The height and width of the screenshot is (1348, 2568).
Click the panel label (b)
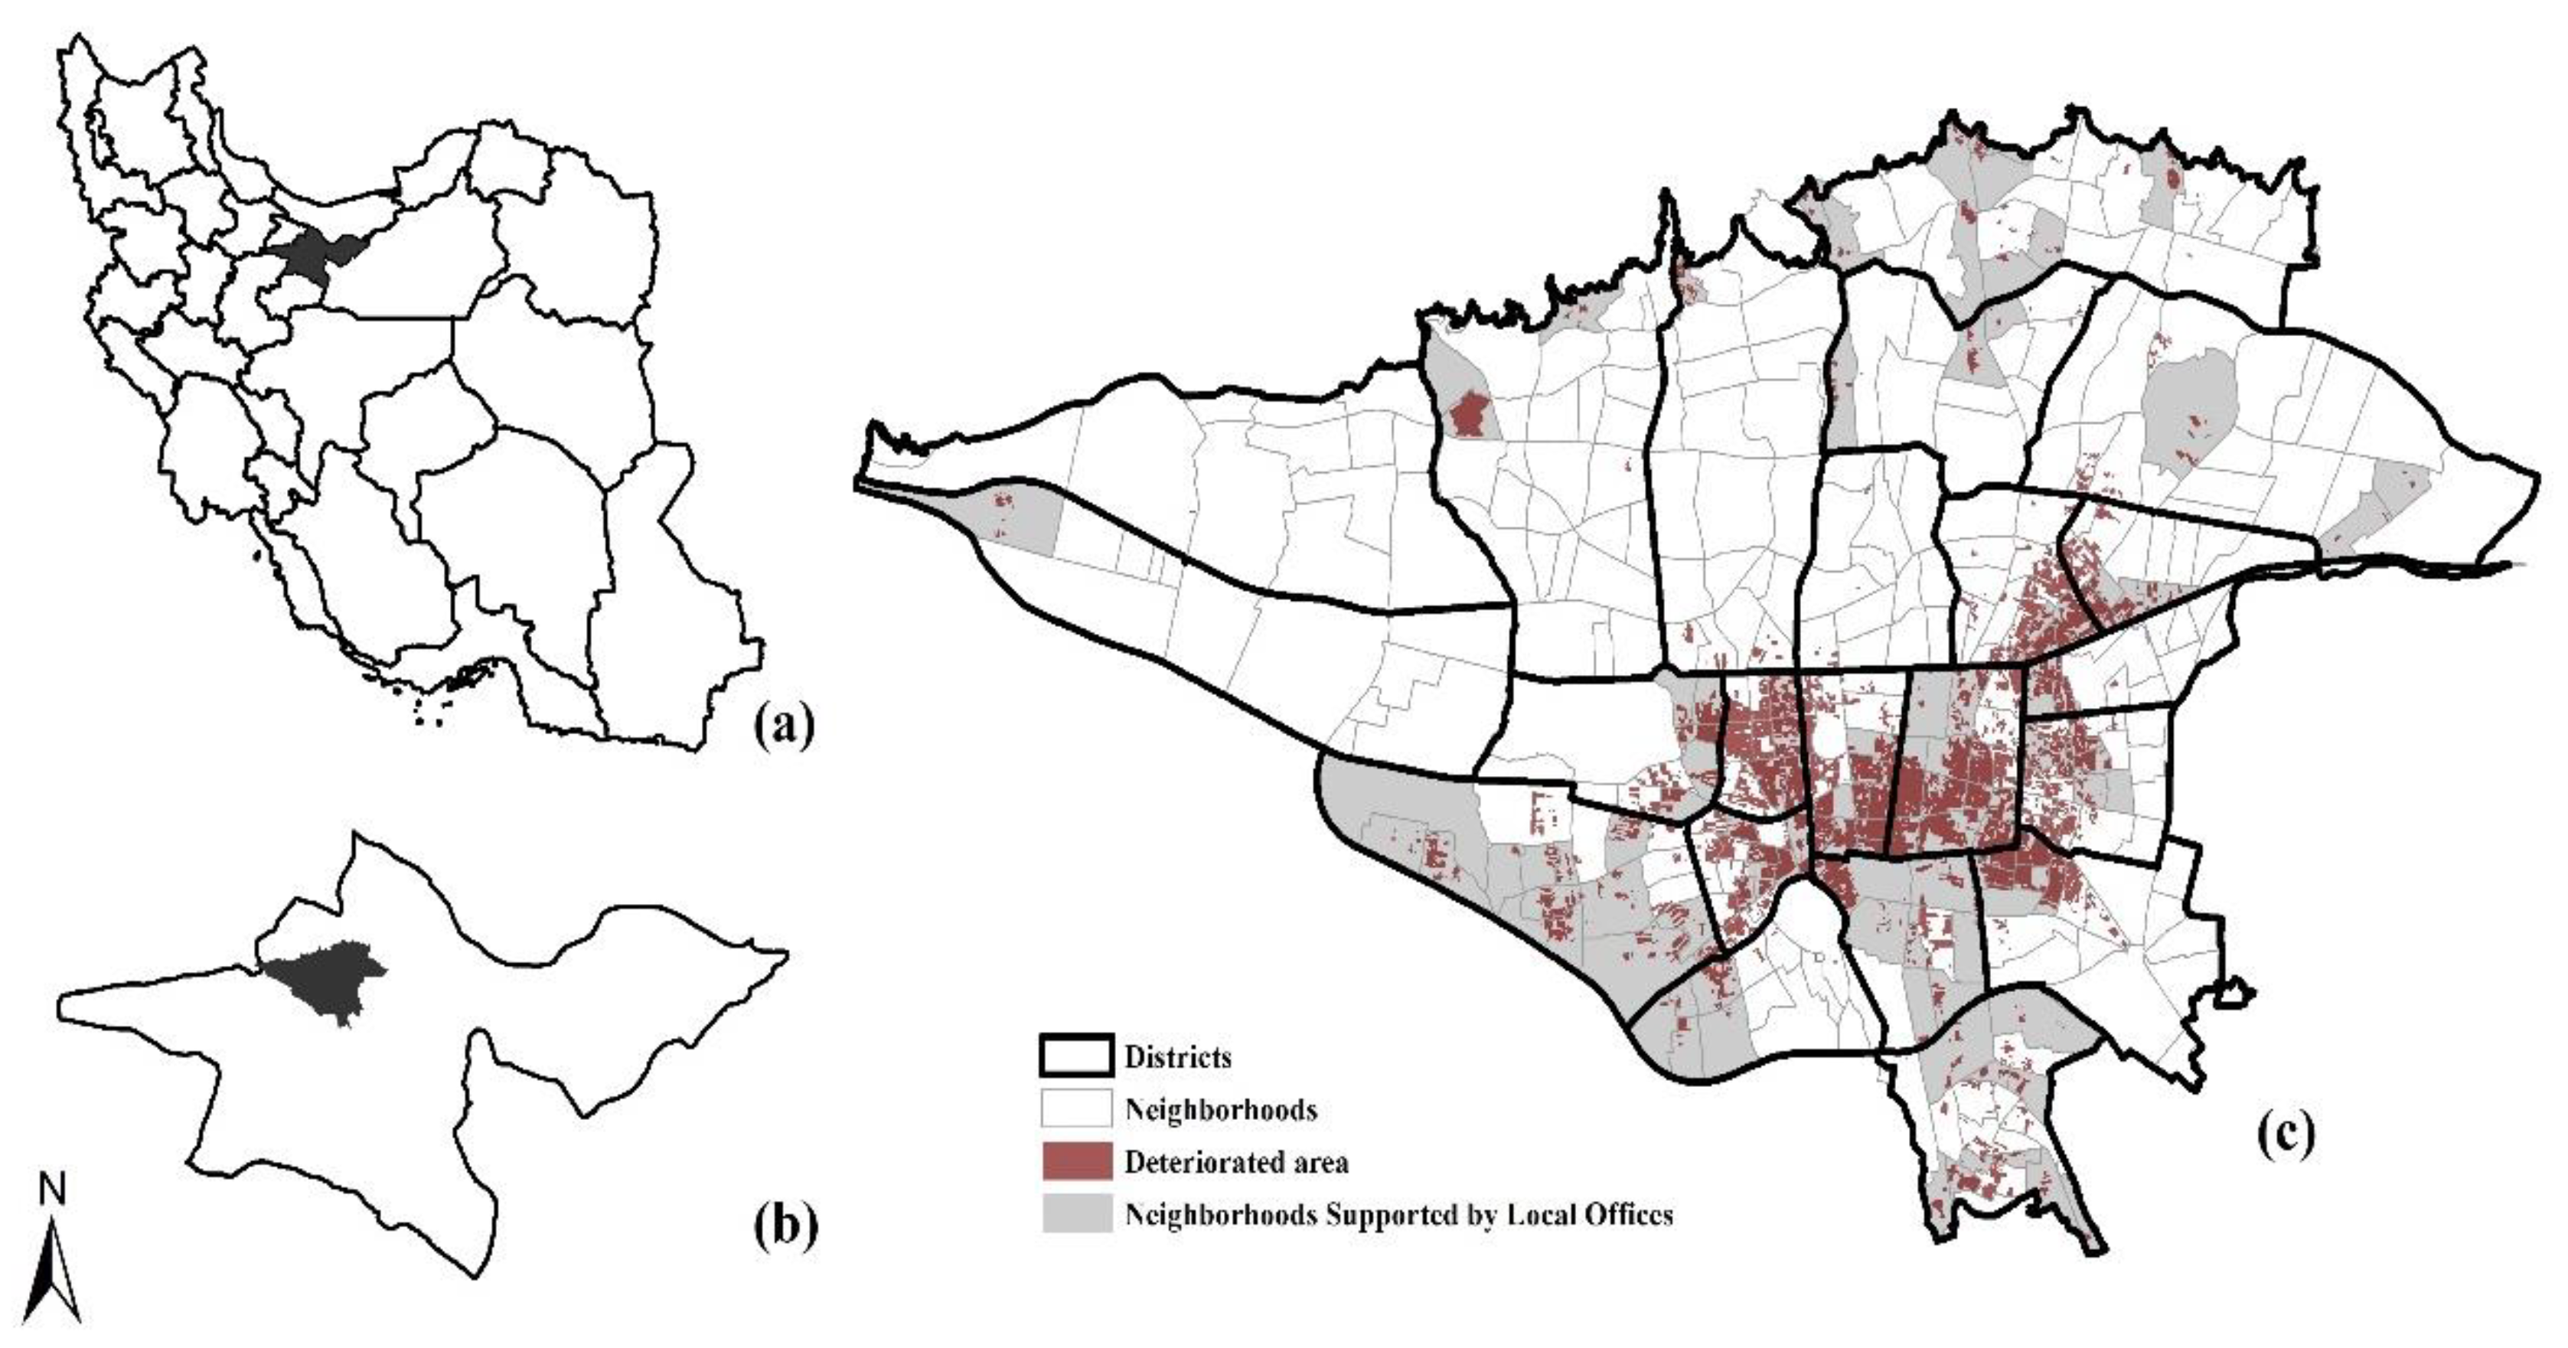(785, 1226)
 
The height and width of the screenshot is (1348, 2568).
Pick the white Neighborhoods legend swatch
(1077, 1108)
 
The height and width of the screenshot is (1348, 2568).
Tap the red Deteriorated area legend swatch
(1077, 1161)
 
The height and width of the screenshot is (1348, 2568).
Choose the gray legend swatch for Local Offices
(1077, 1214)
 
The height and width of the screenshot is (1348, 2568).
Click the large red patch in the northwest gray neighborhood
(1467, 414)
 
